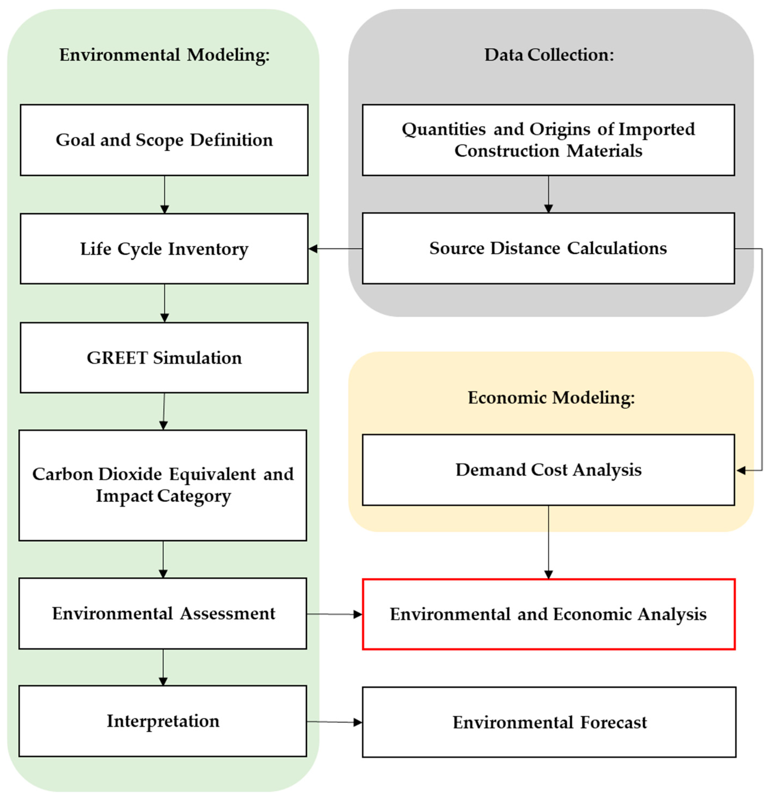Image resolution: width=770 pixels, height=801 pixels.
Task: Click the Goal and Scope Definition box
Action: [x=164, y=140]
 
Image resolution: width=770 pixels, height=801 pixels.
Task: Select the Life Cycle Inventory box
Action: [x=164, y=248]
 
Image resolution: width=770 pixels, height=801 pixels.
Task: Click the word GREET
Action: [x=117, y=358]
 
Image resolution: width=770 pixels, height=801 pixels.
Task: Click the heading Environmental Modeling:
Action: [x=164, y=55]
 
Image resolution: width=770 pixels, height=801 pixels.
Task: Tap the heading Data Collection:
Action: [x=549, y=55]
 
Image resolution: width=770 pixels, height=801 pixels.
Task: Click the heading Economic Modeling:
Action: [x=551, y=397]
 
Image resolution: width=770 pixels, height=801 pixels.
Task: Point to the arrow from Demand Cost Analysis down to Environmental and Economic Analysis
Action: [x=548, y=542]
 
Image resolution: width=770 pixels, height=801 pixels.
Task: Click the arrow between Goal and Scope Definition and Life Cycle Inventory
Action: [x=164, y=194]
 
